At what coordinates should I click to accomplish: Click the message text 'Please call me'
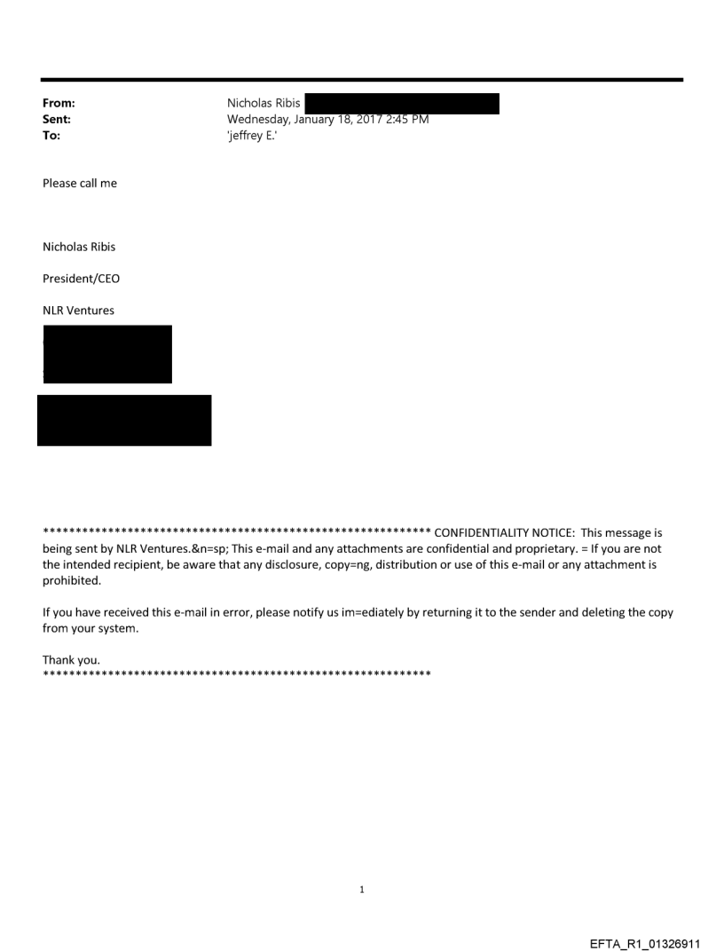coord(80,184)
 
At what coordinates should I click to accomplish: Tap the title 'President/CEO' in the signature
coord(81,279)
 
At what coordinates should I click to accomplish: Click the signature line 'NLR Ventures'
coord(78,311)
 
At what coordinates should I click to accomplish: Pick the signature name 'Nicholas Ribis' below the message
coord(79,248)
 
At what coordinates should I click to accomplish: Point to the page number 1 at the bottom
coord(362,889)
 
